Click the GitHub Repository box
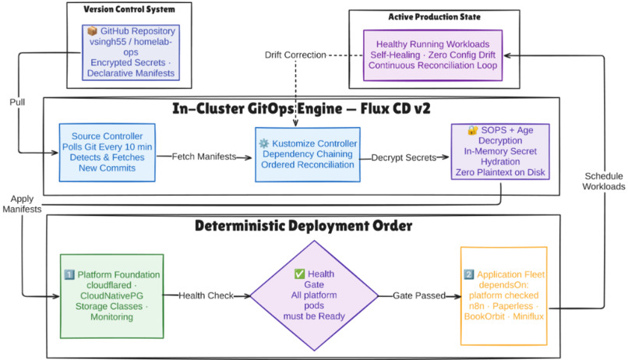tap(131, 52)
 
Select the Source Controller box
tap(108, 153)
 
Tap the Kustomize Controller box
tap(308, 154)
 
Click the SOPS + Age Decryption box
tap(500, 151)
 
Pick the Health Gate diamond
tap(315, 295)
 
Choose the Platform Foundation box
tap(111, 296)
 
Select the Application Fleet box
tap(504, 296)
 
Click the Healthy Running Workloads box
tap(432, 55)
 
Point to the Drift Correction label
tap(295, 55)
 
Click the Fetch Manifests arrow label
tap(204, 157)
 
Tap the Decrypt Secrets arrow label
tap(404, 157)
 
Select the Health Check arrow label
tap(206, 295)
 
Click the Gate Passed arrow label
tap(419, 295)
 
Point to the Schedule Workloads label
tap(604, 182)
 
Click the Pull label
tap(17, 102)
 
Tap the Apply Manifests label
tap(22, 204)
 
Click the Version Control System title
tap(129, 9)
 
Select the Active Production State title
tap(435, 17)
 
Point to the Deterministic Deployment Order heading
tap(304, 226)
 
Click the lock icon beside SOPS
tap(473, 130)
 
